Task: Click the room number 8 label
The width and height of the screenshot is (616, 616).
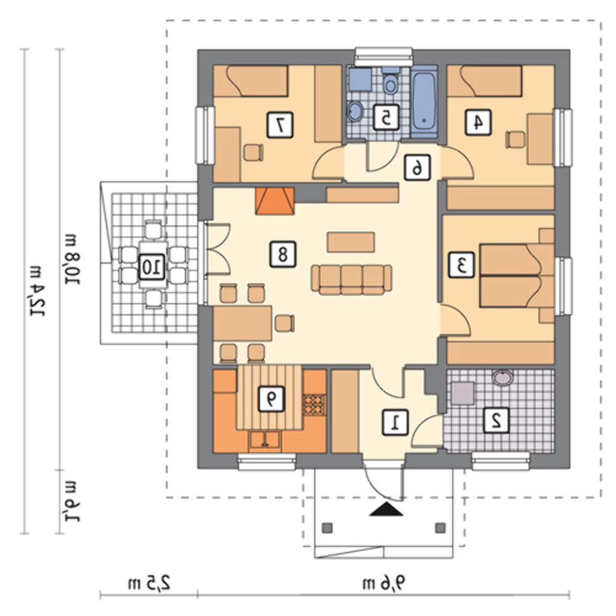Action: click(283, 254)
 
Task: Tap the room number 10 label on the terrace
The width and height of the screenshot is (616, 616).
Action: click(152, 267)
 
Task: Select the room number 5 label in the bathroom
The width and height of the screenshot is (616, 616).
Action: click(386, 117)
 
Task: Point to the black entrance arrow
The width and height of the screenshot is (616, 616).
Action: click(387, 509)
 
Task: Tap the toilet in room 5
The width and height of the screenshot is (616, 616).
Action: click(390, 81)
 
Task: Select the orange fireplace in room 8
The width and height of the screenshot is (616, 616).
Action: click(275, 201)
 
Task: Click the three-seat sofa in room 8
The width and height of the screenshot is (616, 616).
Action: click(352, 279)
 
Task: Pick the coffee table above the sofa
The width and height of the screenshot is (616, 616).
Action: click(351, 242)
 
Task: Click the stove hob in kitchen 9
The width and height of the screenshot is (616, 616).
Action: click(314, 405)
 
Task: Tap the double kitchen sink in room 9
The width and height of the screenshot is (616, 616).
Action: click(265, 440)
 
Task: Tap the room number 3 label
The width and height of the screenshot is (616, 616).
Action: click(461, 265)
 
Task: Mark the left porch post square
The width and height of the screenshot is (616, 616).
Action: click(328, 528)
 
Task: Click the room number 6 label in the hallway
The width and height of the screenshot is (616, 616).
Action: click(418, 168)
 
